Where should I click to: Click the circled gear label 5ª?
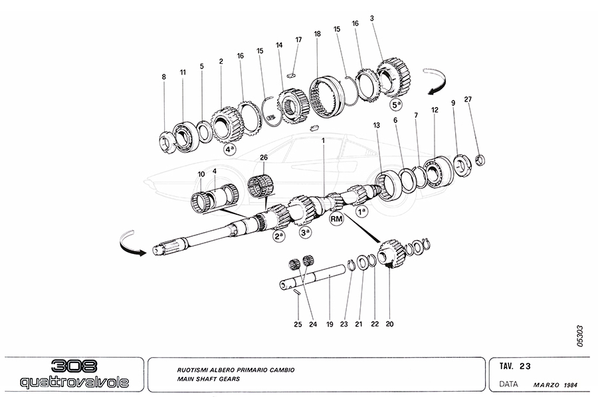coord(396,104)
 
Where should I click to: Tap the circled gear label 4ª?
coord(231,150)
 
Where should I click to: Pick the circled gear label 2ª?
coord(278,236)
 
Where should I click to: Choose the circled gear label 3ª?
coord(306,233)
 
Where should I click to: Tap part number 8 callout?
coord(163,78)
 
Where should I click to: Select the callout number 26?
coord(263,157)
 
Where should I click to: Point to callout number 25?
coord(298,325)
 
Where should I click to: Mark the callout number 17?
coord(298,40)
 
